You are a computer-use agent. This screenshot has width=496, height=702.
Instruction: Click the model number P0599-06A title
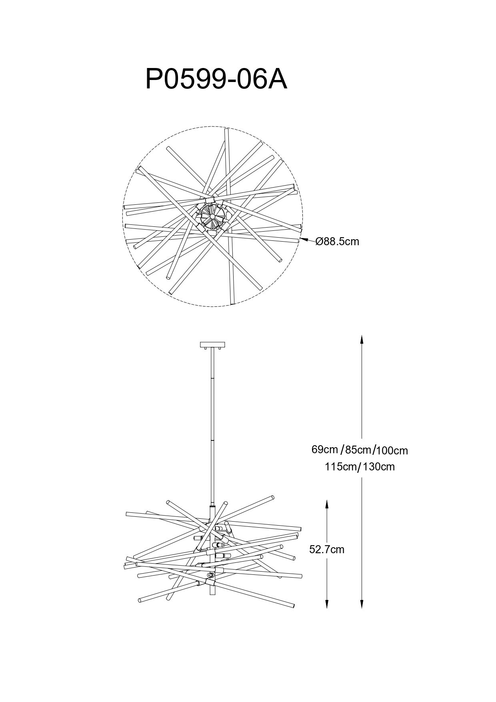click(216, 79)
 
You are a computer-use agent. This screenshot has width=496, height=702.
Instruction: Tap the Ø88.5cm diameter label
click(337, 242)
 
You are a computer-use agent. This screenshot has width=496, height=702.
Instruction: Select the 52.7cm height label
click(326, 550)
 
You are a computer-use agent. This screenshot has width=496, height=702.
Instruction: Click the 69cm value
click(325, 449)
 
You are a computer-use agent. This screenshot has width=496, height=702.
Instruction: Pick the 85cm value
click(358, 450)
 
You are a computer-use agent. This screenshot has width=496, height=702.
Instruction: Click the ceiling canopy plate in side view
click(212, 344)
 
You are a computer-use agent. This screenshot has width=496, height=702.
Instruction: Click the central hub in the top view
click(212, 216)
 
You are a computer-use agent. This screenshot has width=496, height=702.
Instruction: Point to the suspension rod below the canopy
click(212, 420)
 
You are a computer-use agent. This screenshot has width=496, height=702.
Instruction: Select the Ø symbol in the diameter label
click(319, 242)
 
